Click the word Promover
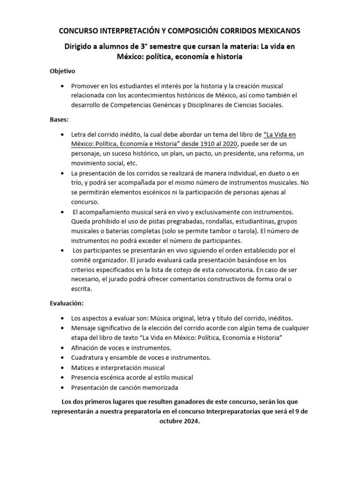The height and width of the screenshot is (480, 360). pos(85,85)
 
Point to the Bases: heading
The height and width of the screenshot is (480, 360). pos(60,120)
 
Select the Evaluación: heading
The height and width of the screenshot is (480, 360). pos(67,304)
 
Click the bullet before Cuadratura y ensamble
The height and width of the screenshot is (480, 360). pos(63,358)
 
